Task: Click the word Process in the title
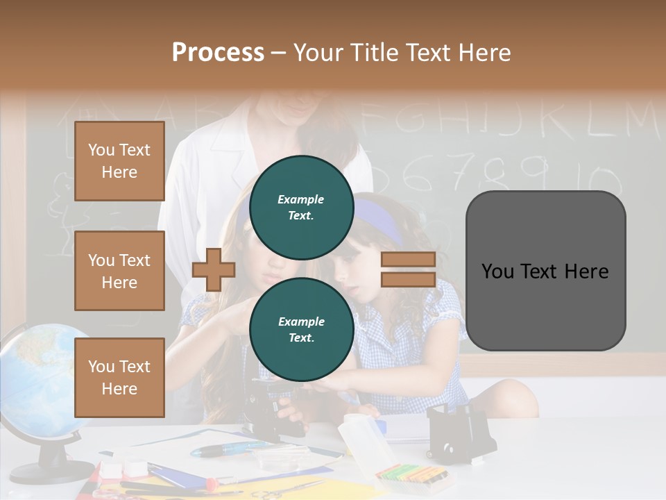coord(218,53)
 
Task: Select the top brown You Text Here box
coord(119,161)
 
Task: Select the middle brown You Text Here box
coord(119,271)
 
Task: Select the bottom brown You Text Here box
coord(119,378)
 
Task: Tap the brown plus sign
coord(213,269)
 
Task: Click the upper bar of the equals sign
coord(408,259)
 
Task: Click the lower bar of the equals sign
coord(408,280)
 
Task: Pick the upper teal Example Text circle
coord(301,207)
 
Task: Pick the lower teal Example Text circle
coord(301,329)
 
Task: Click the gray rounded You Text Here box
coord(545,271)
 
